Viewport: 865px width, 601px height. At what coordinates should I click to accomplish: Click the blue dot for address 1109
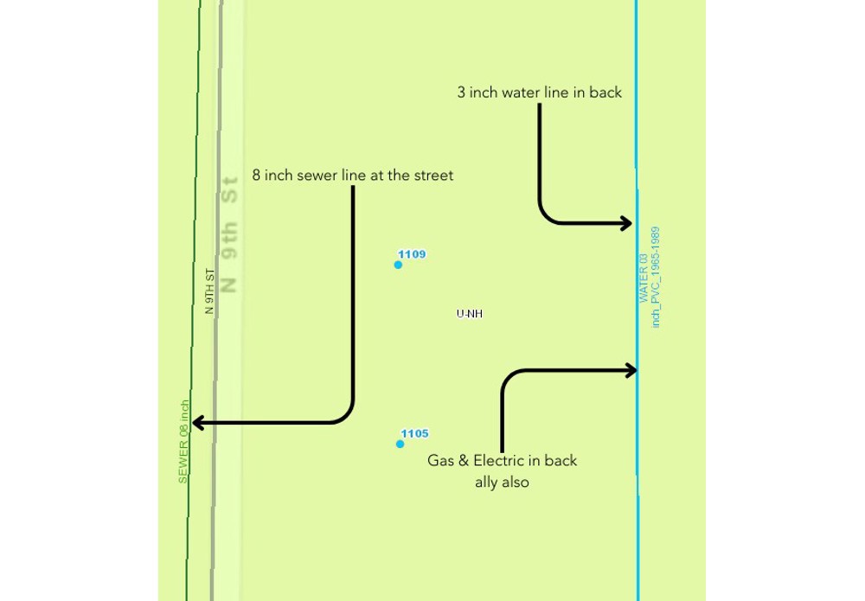pos(398,265)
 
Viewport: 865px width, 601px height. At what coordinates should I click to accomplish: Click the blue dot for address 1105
pos(400,444)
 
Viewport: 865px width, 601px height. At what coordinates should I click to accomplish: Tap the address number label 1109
pos(412,254)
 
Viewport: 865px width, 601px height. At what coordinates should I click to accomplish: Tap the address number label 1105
pos(414,434)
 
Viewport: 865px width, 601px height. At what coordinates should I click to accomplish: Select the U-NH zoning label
pos(469,314)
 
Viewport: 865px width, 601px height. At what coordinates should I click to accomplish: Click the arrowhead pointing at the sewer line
pos(196,423)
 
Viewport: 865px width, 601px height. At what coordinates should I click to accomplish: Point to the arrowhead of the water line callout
pos(628,223)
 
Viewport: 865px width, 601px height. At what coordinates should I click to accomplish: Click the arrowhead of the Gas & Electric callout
pos(631,370)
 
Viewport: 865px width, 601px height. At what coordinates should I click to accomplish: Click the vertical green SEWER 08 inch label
pos(183,441)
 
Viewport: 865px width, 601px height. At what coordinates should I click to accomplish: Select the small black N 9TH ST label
pos(209,291)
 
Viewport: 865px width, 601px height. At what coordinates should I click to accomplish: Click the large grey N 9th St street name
pos(229,233)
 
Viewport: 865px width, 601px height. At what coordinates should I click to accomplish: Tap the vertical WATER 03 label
pos(644,278)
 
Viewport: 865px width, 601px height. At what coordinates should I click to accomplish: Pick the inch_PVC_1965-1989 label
pos(657,277)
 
